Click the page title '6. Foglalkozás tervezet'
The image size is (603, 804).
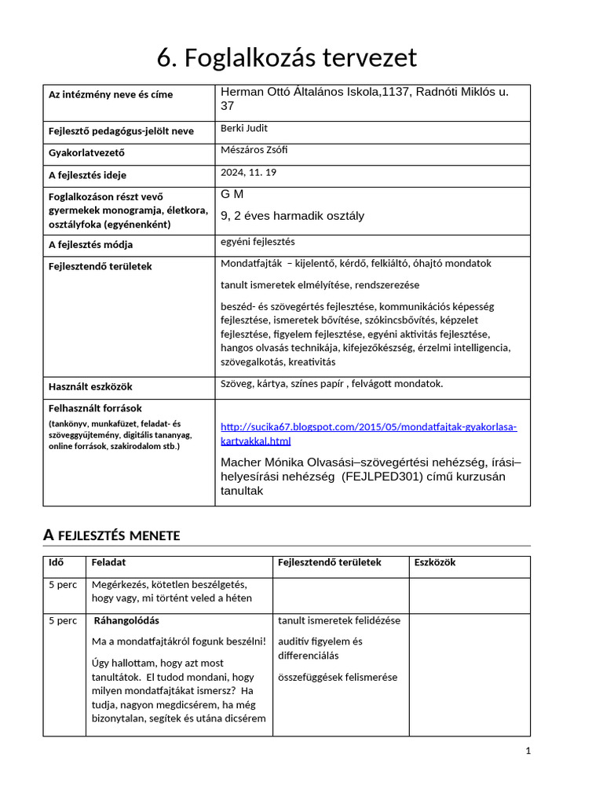pos(287,58)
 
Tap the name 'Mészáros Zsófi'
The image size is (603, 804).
pos(254,150)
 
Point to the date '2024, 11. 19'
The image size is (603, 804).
pos(249,172)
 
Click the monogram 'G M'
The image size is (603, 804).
pos(232,194)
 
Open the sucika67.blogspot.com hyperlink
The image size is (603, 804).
pos(368,427)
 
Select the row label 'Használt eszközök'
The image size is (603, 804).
pos(90,386)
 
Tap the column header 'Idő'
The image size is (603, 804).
pos(57,563)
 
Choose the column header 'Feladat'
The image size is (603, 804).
pos(108,563)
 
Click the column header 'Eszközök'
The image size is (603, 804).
pos(435,563)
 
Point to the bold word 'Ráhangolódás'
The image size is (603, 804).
pos(126,621)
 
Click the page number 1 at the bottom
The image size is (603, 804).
pos(528,751)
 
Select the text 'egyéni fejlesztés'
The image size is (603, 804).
pos(258,242)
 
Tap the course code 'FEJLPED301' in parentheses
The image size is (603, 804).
pos(382,477)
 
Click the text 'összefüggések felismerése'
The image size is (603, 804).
pos(338,678)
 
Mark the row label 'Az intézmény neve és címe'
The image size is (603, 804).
pos(111,94)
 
